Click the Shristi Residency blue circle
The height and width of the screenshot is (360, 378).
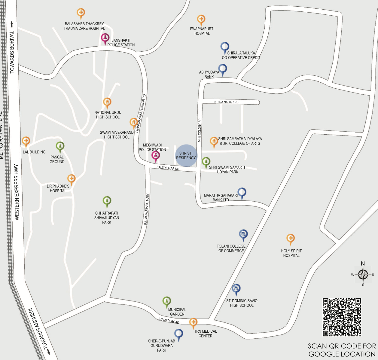click(186, 155)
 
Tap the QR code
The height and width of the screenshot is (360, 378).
click(342, 317)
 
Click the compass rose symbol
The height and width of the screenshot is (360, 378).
click(363, 274)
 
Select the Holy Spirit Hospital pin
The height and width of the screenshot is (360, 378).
click(290, 239)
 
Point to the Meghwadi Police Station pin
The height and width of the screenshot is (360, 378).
click(155, 156)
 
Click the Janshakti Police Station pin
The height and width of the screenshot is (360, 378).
click(105, 38)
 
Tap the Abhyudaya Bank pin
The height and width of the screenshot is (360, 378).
click(222, 69)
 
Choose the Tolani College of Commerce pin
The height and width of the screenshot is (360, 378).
click(243, 234)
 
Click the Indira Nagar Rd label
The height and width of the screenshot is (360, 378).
click(226, 102)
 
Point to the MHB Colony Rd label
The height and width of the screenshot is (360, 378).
click(200, 130)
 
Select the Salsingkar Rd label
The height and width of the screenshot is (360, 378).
click(168, 168)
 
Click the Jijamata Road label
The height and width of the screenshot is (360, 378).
click(169, 321)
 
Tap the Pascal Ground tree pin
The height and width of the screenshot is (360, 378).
click(60, 146)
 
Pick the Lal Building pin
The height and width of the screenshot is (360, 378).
click(26, 141)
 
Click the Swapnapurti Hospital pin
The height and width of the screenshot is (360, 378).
click(201, 20)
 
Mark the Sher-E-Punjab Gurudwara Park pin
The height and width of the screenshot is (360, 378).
click(178, 334)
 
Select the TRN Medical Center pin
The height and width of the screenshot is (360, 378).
click(193, 323)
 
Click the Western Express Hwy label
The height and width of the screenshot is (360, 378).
click(17, 192)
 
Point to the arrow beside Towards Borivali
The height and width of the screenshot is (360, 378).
click(12, 24)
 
